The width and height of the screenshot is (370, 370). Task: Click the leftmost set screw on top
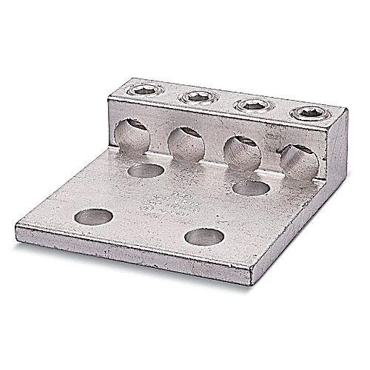click(x=140, y=92)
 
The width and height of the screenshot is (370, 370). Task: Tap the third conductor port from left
click(x=241, y=151)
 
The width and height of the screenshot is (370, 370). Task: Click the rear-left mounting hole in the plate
click(x=145, y=170)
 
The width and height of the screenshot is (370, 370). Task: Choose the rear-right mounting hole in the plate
click(x=250, y=189)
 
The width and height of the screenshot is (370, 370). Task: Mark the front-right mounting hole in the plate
click(x=203, y=238)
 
